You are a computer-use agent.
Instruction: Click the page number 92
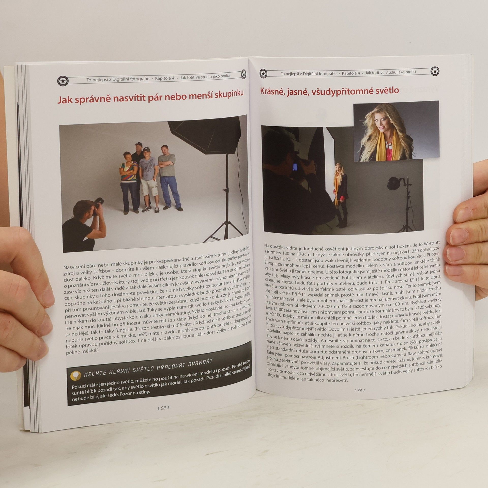(163, 408)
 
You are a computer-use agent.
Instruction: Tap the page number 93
(359, 390)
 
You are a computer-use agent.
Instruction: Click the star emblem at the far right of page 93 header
(435, 71)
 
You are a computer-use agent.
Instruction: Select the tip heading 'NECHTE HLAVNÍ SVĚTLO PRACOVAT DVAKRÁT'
(148, 367)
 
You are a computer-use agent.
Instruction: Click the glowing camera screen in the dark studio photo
(295, 167)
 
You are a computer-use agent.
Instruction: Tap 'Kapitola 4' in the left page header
(165, 78)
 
